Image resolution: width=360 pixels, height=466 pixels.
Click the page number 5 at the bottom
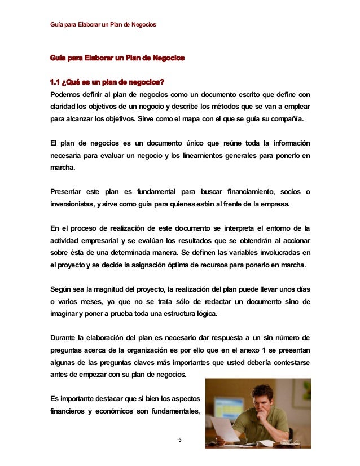click(x=179, y=440)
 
